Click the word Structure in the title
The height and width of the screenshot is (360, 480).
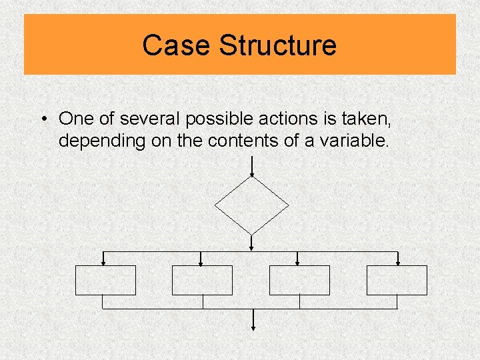(x=278, y=45)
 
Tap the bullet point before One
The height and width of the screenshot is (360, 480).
(x=42, y=119)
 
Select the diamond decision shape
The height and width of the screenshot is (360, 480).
(x=251, y=205)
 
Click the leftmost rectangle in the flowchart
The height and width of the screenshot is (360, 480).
(x=105, y=280)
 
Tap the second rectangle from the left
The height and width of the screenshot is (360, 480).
(x=202, y=280)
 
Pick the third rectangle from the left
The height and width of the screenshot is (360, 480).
(x=299, y=280)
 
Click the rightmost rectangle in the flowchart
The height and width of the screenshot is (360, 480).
(x=397, y=280)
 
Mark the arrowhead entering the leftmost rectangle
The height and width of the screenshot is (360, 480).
(x=102, y=263)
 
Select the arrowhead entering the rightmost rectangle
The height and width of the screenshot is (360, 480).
(x=397, y=263)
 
